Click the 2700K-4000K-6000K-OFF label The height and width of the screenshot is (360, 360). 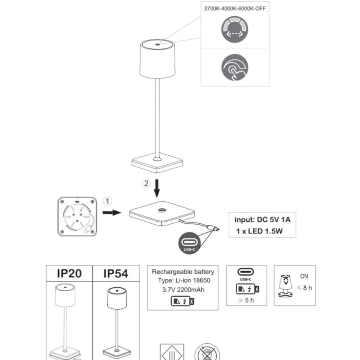pyautogui.click(x=235, y=9)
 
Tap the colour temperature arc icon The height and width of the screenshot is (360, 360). pyautogui.click(x=235, y=29)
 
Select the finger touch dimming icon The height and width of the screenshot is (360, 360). pyautogui.click(x=235, y=67)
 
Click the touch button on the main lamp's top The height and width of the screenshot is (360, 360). pyautogui.click(x=157, y=44)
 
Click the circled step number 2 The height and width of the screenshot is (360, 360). pyautogui.click(x=146, y=184)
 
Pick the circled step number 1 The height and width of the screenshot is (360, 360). pyautogui.click(x=107, y=201)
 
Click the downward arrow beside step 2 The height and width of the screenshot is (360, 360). pyautogui.click(x=157, y=188)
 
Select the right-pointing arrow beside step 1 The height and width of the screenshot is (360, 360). pyautogui.click(x=112, y=212)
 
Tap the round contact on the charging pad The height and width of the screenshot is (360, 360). pyautogui.click(x=162, y=210)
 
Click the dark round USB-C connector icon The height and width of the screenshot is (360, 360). pyautogui.click(x=189, y=243)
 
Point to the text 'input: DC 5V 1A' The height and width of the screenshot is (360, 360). pyautogui.click(x=262, y=220)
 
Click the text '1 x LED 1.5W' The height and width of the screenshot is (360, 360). pyautogui.click(x=259, y=231)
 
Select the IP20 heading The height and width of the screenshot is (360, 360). pyautogui.click(x=69, y=274)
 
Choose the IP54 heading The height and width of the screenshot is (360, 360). pyautogui.click(x=116, y=274)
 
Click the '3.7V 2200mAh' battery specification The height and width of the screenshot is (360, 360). pyautogui.click(x=183, y=290)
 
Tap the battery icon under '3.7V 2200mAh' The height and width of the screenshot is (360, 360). pyautogui.click(x=183, y=301)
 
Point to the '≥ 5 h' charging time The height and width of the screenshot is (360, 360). pyautogui.click(x=246, y=300)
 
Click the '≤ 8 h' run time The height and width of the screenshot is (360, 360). pyautogui.click(x=304, y=288)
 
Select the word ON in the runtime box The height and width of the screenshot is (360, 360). pyautogui.click(x=304, y=276)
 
